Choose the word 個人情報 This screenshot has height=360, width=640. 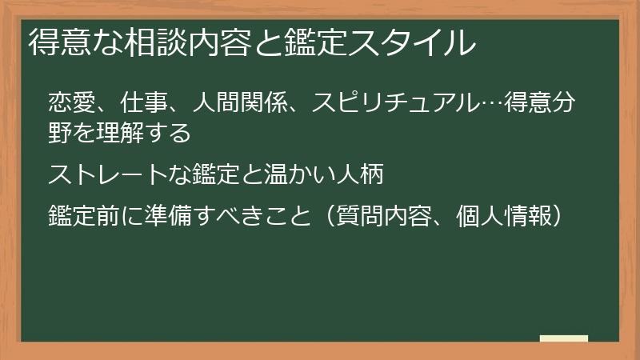click(x=506, y=215)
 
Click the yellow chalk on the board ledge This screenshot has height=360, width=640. click(x=563, y=338)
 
